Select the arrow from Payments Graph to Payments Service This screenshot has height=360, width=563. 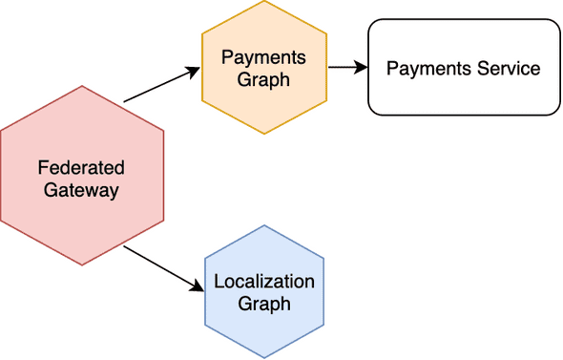[346, 68]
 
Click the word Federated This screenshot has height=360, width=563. [81, 168]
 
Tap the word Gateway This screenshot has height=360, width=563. [81, 190]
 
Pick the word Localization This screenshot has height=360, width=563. [264, 282]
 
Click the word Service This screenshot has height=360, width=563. [511, 69]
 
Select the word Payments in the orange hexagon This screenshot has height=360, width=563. [263, 57]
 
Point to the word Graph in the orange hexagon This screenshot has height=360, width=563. [264, 79]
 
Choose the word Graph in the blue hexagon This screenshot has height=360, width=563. [264, 305]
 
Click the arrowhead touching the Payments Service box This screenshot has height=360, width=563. [363, 68]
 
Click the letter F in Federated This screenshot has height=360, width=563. [42, 168]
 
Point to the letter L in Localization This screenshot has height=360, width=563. [219, 282]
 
